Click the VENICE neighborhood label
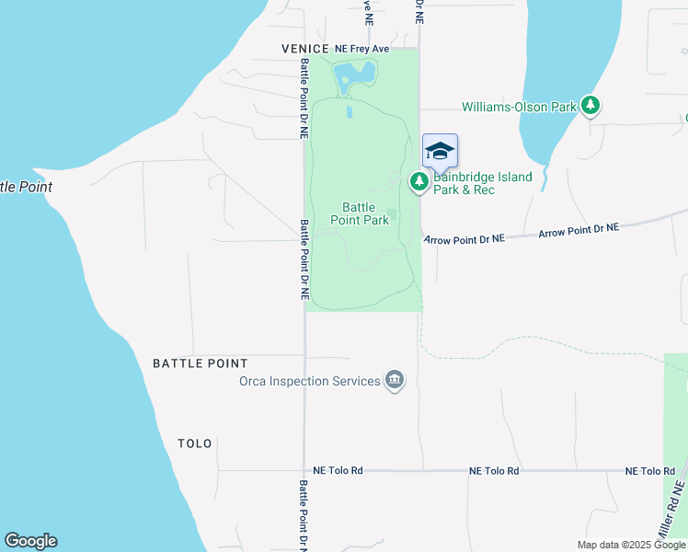[x=306, y=49]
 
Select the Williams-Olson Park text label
[x=519, y=108]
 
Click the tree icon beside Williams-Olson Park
[x=591, y=107]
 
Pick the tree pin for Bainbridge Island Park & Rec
[x=419, y=182]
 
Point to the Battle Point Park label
[x=366, y=213]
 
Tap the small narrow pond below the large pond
[x=350, y=113]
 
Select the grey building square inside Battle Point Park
[x=392, y=215]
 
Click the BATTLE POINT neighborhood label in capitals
[x=201, y=363]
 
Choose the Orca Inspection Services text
[x=310, y=381]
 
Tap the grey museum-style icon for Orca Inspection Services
[x=395, y=379]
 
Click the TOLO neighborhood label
[x=195, y=443]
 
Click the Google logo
[x=30, y=541]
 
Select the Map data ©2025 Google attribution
[x=632, y=545]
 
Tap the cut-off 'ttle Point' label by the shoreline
[x=26, y=187]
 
